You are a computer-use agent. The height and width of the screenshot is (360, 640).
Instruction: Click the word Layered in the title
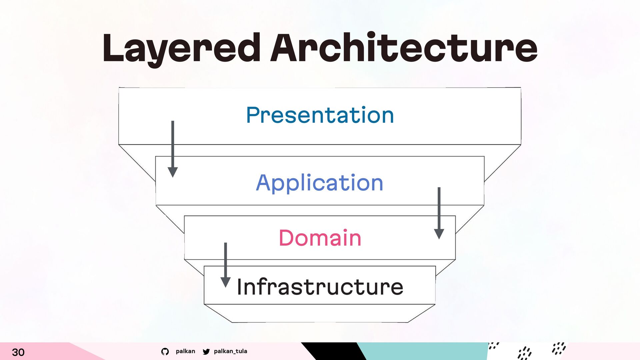click(x=181, y=49)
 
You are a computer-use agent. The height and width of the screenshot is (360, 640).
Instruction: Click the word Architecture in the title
click(x=404, y=47)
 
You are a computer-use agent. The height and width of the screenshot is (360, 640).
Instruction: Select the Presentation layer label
click(x=320, y=115)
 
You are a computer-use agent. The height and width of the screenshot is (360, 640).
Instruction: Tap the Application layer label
click(x=320, y=183)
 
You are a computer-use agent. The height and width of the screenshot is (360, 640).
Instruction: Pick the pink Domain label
click(x=320, y=238)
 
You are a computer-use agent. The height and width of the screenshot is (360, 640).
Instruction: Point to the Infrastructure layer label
click(x=320, y=287)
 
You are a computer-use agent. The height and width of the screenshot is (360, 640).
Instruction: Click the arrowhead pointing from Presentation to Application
click(x=173, y=172)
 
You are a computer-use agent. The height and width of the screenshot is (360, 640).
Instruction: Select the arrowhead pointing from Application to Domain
click(x=439, y=234)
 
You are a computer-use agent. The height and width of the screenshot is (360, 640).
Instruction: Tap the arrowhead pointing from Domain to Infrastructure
click(x=226, y=282)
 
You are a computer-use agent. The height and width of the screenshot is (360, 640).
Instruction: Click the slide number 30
click(x=18, y=352)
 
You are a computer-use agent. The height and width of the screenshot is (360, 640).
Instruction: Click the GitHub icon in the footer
click(x=165, y=351)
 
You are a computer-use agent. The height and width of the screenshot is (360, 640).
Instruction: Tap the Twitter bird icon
click(x=206, y=351)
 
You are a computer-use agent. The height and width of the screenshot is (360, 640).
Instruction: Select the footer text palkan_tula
click(x=231, y=351)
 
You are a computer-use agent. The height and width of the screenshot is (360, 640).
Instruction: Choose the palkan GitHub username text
click(x=185, y=351)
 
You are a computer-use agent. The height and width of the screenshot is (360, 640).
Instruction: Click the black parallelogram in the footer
click(x=334, y=351)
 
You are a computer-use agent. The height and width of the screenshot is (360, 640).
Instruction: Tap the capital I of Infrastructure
click(x=239, y=287)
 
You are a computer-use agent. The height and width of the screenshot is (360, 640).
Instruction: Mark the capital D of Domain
click(x=287, y=238)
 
